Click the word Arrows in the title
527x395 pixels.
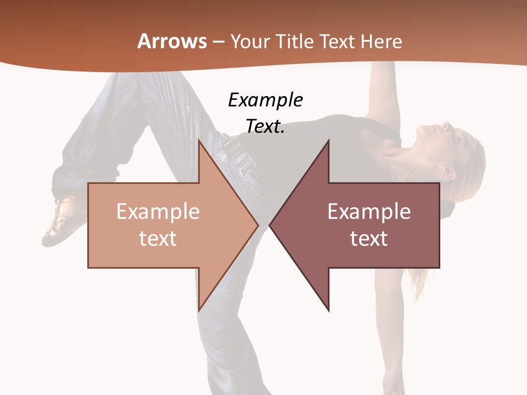click(172, 41)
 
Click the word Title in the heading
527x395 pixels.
click(294, 41)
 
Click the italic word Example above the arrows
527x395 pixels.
click(265, 100)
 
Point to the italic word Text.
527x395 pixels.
click(265, 127)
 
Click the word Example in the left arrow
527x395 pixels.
click(158, 212)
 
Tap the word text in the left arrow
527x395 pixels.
click(158, 238)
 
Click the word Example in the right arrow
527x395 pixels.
click(369, 212)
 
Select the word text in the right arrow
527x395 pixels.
click(369, 238)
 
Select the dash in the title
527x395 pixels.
click(218, 42)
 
